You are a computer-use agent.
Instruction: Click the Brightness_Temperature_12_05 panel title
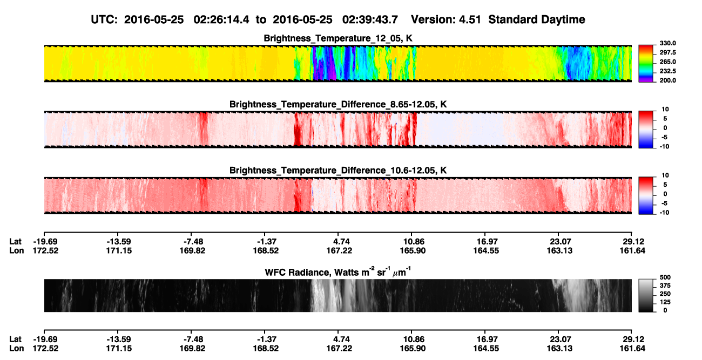[x=338, y=38]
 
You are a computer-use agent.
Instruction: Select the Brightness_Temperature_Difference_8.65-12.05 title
[x=338, y=104]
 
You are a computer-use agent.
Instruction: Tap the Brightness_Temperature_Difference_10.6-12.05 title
[x=338, y=171]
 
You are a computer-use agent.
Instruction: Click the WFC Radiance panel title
[x=338, y=272]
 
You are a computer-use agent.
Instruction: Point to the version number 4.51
[x=470, y=19]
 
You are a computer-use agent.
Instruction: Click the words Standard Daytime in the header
[x=537, y=19]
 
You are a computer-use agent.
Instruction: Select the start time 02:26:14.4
[x=221, y=19]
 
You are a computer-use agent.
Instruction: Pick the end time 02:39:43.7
[x=370, y=19]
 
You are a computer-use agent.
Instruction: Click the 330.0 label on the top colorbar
[x=667, y=43]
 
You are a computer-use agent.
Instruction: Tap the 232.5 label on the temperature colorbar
[x=667, y=71]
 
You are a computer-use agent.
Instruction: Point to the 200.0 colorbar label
[x=667, y=80]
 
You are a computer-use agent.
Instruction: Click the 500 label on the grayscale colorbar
[x=665, y=277]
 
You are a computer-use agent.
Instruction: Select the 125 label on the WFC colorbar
[x=665, y=302]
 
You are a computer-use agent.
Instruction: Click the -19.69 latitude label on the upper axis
[x=45, y=242]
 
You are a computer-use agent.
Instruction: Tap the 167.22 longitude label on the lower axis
[x=339, y=349]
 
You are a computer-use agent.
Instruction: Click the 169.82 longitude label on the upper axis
[x=192, y=250]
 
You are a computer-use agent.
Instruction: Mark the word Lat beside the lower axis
[x=15, y=339]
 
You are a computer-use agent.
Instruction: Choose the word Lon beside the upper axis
[x=16, y=250]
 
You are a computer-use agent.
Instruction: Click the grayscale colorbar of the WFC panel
[x=646, y=295]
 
